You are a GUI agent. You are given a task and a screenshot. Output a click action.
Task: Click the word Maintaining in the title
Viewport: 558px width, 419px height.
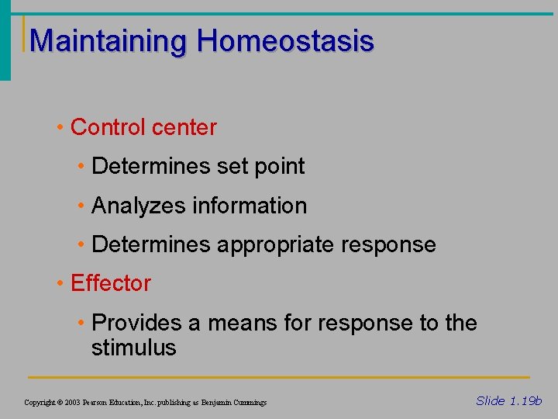pyautogui.click(x=108, y=41)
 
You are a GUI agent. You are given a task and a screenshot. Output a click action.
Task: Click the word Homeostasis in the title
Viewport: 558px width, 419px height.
pyautogui.click(x=284, y=40)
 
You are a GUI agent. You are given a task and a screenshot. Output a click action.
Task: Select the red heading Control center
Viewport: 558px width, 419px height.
pyautogui.click(x=143, y=127)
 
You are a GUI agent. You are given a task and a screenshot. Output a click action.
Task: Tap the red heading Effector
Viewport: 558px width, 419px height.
pyautogui.click(x=110, y=283)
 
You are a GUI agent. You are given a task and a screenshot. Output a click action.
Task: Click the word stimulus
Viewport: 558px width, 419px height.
pyautogui.click(x=133, y=348)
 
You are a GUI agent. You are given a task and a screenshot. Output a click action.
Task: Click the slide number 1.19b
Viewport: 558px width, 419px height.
pyautogui.click(x=525, y=401)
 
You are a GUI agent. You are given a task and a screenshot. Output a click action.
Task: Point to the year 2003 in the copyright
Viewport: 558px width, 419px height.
pyautogui.click(x=73, y=403)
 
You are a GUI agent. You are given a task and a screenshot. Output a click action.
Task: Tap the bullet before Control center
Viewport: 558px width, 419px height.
pyautogui.click(x=60, y=127)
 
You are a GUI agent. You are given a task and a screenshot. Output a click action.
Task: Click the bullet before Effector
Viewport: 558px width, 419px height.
pyautogui.click(x=60, y=283)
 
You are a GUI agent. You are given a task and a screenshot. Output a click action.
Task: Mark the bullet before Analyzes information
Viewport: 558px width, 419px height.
pyautogui.click(x=81, y=206)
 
